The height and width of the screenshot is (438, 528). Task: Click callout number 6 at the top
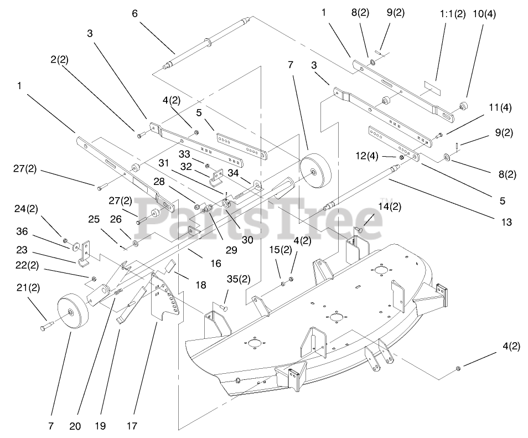pyautogui.click(x=134, y=13)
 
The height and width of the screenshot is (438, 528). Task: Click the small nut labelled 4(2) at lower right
pyautogui.click(x=458, y=368)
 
